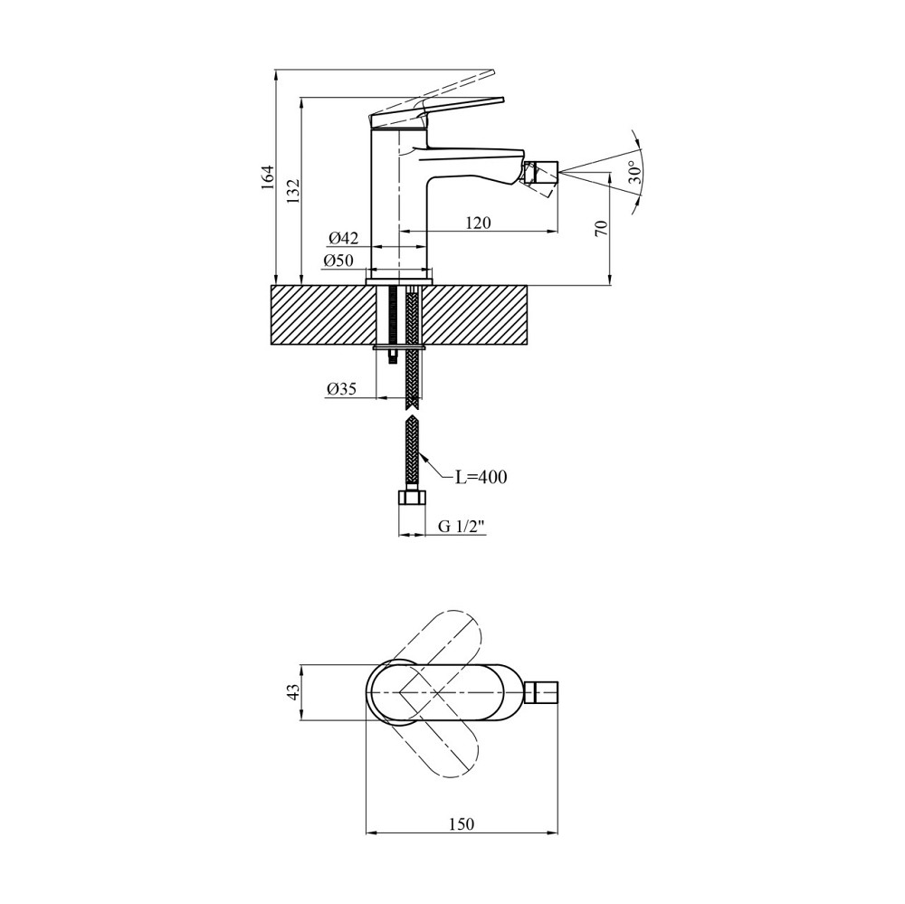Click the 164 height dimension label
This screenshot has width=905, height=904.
266,177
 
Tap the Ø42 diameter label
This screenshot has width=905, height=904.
343,238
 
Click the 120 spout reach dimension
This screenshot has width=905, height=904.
477,223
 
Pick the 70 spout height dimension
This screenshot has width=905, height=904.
600,228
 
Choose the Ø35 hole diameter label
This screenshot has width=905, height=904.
341,389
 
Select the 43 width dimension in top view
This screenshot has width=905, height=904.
292,692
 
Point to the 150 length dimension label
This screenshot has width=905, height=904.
461,824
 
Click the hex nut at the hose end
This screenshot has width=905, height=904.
412,499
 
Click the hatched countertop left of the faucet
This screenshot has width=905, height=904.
317,315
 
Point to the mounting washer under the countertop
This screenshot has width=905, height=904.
399,347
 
